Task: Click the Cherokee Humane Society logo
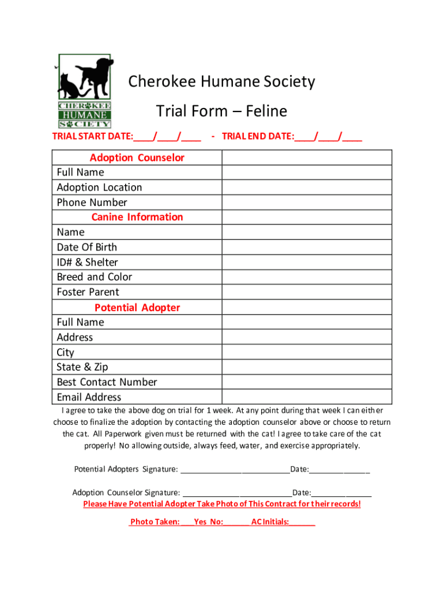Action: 84,91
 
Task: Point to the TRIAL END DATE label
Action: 258,137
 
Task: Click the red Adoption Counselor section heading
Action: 137,158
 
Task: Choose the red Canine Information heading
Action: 137,217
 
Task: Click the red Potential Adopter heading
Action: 137,308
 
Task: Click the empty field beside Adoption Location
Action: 307,187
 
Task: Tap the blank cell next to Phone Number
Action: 307,202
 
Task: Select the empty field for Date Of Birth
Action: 307,247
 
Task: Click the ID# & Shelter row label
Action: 87,262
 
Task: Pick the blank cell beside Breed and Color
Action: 307,277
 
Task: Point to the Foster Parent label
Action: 88,292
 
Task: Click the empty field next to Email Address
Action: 307,397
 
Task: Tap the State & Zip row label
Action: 82,367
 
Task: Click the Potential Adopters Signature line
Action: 235,470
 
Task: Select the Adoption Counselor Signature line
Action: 237,493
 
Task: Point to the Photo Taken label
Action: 155,522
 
